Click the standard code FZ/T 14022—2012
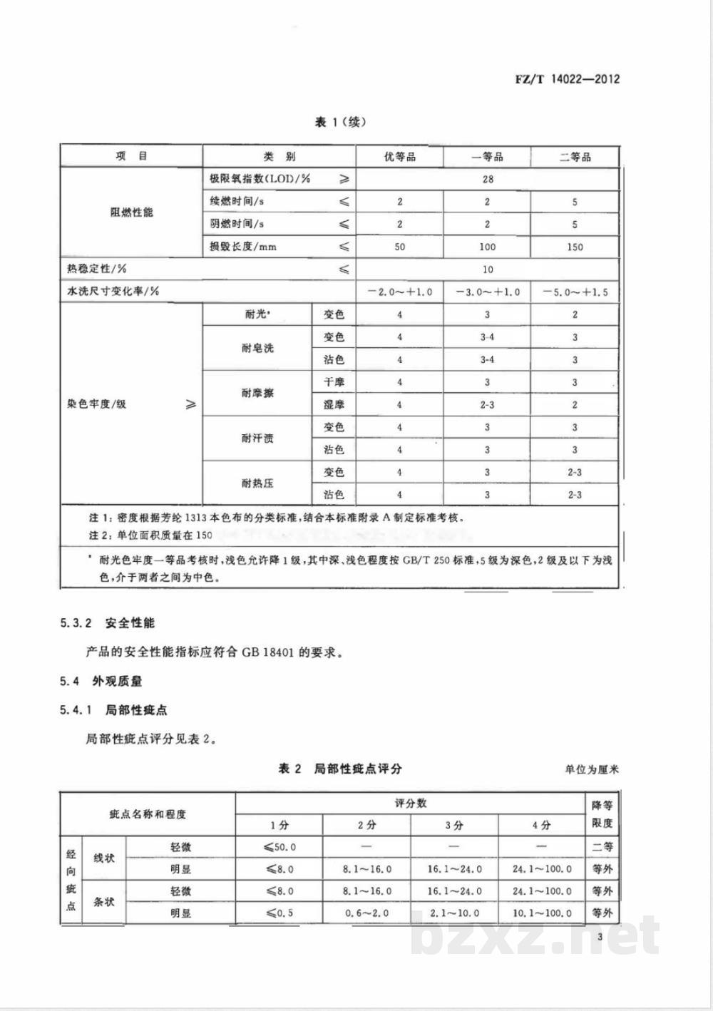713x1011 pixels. pos(567,79)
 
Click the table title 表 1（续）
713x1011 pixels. pos(340,123)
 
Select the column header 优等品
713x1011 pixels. pos(399,157)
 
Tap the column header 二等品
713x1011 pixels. pos(575,157)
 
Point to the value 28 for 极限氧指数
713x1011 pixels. pos(488,179)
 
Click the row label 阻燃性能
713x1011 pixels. pos(132,212)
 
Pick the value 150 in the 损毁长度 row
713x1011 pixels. pos(575,247)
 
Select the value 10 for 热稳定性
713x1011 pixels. pos(488,270)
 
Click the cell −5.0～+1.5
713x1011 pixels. pos(575,292)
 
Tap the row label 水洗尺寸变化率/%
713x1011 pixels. pos(113,292)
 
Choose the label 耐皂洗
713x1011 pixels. pos(257,349)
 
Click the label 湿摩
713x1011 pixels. pos(334,404)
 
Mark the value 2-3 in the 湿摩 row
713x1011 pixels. pos(488,404)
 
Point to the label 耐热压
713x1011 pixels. pos(257,483)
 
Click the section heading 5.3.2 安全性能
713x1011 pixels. pos(108,623)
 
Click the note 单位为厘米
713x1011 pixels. pos(592,770)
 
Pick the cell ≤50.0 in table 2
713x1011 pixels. pos(279,847)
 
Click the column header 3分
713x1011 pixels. pos(454,825)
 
